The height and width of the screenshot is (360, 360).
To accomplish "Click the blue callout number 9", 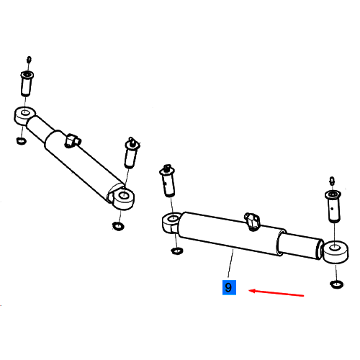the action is (229, 287).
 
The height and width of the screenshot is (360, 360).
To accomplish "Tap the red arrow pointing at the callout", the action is (276, 293).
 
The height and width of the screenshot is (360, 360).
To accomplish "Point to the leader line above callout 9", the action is (230, 264).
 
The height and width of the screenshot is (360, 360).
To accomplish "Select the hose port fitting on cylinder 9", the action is (252, 221).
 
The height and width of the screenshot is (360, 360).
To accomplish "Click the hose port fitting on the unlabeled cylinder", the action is (73, 140).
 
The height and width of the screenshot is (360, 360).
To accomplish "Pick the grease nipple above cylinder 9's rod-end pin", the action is (332, 181).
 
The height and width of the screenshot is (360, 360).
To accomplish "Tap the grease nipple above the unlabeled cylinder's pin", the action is (29, 60).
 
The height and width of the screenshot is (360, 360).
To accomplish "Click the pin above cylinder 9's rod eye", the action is (333, 207).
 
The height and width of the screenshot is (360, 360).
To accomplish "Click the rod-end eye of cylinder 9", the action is (336, 252).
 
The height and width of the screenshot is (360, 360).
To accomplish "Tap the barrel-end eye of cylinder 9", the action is (171, 222).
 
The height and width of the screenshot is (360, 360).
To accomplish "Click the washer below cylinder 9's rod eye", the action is (337, 284).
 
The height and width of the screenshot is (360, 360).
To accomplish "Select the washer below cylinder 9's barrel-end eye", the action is (177, 251).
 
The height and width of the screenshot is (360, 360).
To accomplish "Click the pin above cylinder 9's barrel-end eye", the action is (168, 181).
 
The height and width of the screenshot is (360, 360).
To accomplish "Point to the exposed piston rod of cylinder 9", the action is (300, 246).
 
